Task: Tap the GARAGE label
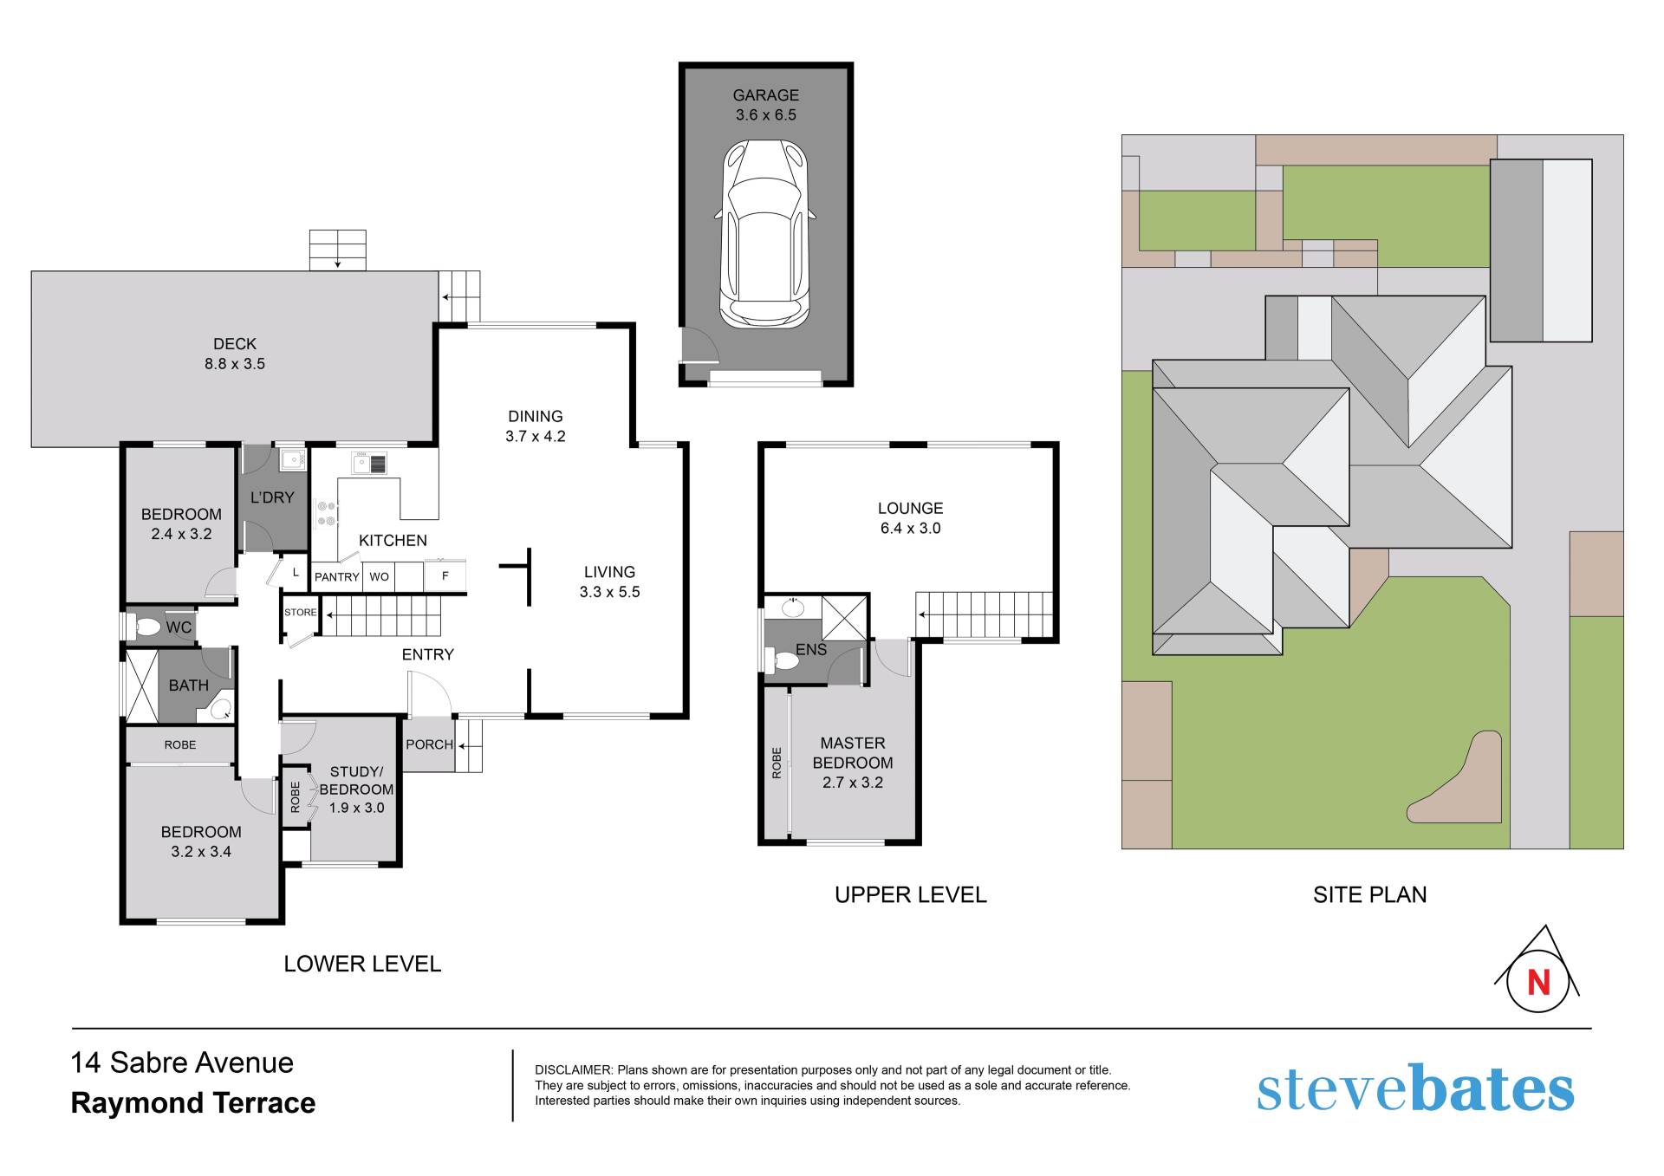click(x=765, y=95)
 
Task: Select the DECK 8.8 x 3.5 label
click(x=235, y=354)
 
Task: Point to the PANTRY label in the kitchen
click(x=336, y=577)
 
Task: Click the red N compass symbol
click(x=1538, y=982)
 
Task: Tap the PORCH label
click(x=429, y=744)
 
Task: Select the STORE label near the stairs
click(x=301, y=613)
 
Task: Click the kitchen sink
click(x=369, y=463)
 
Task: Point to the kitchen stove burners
click(x=327, y=513)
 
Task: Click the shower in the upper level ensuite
click(x=844, y=616)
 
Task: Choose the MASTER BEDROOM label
click(x=853, y=753)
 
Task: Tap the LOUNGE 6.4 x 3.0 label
click(x=910, y=518)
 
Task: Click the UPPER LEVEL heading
click(x=910, y=894)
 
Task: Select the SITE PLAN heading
click(x=1369, y=894)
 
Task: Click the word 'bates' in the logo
click(x=1492, y=1089)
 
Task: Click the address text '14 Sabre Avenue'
click(x=182, y=1062)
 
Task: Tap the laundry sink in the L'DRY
click(x=291, y=459)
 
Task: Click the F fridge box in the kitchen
click(x=445, y=576)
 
